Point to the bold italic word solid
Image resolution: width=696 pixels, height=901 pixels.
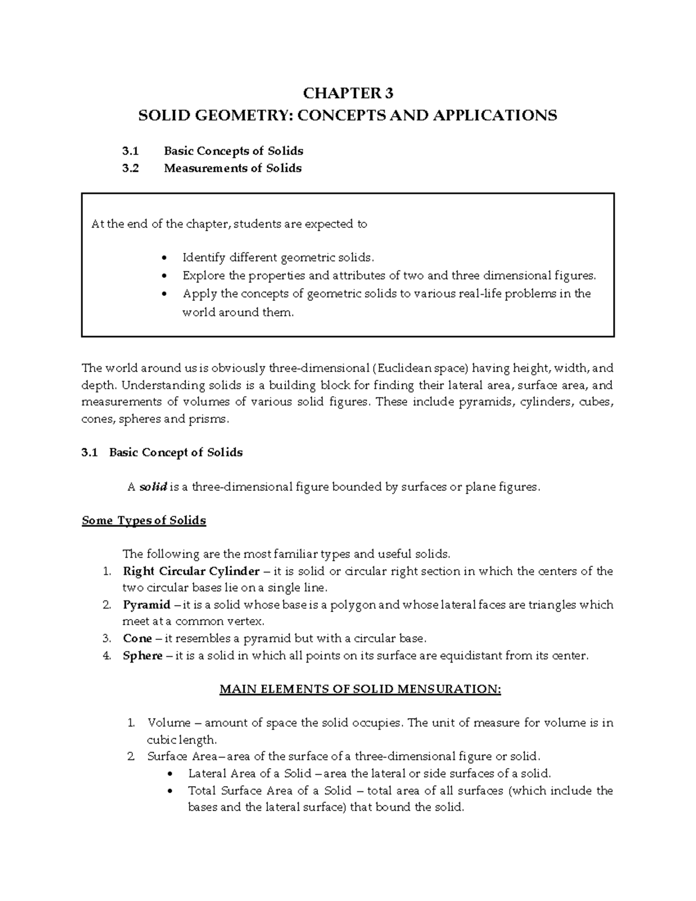pyautogui.click(x=153, y=487)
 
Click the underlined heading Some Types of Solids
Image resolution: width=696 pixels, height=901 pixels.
pyautogui.click(x=144, y=520)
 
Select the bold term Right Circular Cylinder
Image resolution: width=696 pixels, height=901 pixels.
pyautogui.click(x=191, y=571)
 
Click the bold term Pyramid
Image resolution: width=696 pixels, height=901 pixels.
pyautogui.click(x=147, y=605)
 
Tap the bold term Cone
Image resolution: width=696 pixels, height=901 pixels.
pyautogui.click(x=137, y=638)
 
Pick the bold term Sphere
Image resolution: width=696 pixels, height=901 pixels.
pyautogui.click(x=143, y=656)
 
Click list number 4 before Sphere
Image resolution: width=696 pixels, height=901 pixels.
pyautogui.click(x=106, y=656)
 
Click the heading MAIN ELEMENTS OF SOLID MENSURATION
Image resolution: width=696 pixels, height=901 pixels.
pyautogui.click(x=359, y=689)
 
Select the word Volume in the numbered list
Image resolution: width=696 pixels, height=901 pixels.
pyautogui.click(x=169, y=723)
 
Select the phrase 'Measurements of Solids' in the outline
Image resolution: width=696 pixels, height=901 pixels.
pyautogui.click(x=233, y=168)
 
